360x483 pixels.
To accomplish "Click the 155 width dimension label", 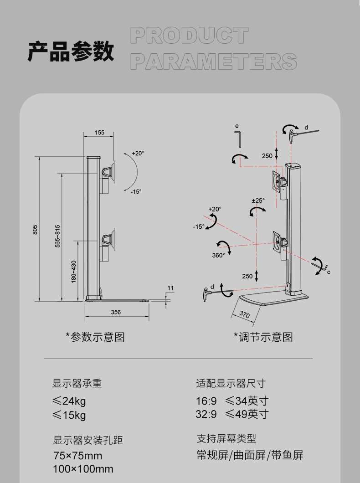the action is (99, 133).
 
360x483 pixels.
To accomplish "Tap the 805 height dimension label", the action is (35, 230).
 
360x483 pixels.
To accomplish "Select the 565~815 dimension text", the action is (57, 236).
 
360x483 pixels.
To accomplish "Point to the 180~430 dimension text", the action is (74, 272).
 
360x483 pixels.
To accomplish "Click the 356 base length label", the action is (116, 312).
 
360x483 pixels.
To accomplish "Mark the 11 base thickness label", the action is (170, 288).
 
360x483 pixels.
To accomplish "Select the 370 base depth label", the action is (245, 314).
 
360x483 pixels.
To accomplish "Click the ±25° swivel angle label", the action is (258, 200).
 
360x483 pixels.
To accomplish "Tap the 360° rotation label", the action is (218, 255).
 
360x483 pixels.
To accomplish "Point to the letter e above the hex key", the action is (237, 126).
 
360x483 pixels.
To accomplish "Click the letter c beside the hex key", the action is (329, 272).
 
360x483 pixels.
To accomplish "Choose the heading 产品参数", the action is (71, 51).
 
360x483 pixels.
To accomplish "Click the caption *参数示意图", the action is (95, 337).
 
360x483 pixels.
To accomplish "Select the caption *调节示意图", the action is (263, 337).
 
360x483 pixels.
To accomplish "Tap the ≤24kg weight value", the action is (69, 401).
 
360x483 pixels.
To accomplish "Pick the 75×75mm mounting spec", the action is (77, 456).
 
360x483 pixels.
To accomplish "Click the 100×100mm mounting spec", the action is (83, 469).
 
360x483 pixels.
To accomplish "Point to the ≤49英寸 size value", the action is (247, 414).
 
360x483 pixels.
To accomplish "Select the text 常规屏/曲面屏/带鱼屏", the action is (250, 455).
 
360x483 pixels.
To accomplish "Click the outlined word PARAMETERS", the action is (214, 62).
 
